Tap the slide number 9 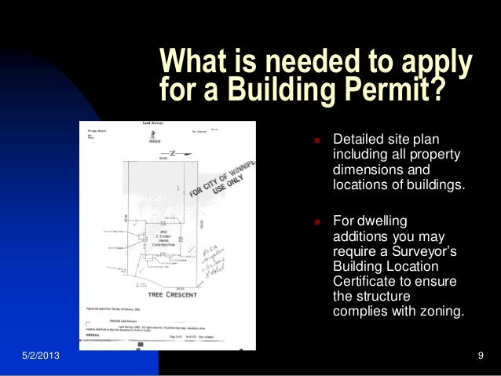(480, 359)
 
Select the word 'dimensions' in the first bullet (368, 170)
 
